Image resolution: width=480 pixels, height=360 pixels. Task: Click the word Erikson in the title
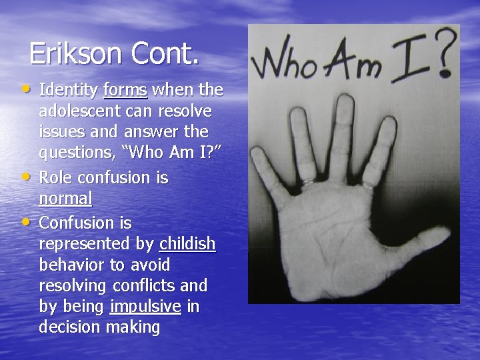click(75, 53)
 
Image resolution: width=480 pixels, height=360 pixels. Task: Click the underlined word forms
click(125, 89)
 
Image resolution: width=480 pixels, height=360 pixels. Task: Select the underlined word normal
click(65, 199)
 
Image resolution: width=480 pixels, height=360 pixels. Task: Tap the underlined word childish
click(187, 244)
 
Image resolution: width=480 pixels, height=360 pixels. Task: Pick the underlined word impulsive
click(145, 307)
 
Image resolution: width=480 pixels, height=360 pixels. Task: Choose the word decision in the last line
click(70, 327)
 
